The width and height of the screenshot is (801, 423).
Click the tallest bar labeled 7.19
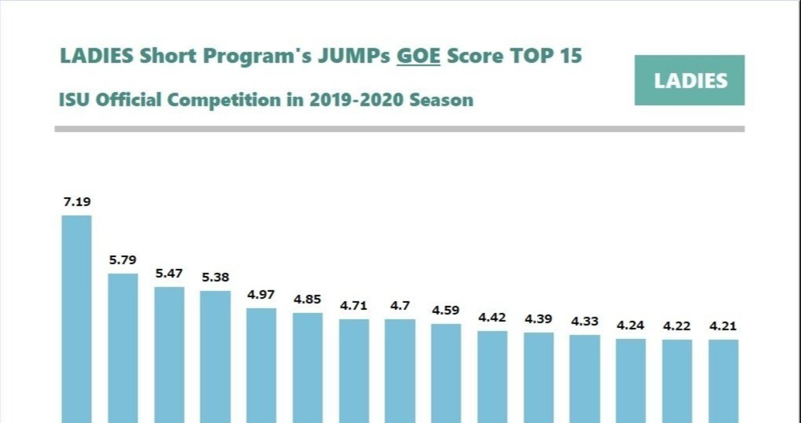(76, 319)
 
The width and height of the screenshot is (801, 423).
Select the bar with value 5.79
(123, 348)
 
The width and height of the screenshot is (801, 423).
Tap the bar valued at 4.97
(261, 365)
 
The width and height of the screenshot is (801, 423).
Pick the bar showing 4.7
(400, 370)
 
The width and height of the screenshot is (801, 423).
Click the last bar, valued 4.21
(723, 381)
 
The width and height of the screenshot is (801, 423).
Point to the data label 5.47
(169, 273)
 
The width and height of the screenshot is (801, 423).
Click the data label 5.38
(215, 277)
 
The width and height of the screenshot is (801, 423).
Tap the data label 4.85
(307, 299)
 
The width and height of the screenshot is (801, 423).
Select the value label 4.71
(354, 306)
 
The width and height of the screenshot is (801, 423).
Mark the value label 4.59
(446, 310)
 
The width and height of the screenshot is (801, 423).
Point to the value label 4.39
(538, 319)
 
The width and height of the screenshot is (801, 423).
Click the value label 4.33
(584, 322)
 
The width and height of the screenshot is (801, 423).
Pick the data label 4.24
(631, 325)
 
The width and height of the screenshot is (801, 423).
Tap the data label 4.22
(677, 326)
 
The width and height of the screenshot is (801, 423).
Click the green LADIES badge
(690, 80)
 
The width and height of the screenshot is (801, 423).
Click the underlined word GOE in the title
(419, 56)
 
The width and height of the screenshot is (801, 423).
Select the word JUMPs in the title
(354, 56)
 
